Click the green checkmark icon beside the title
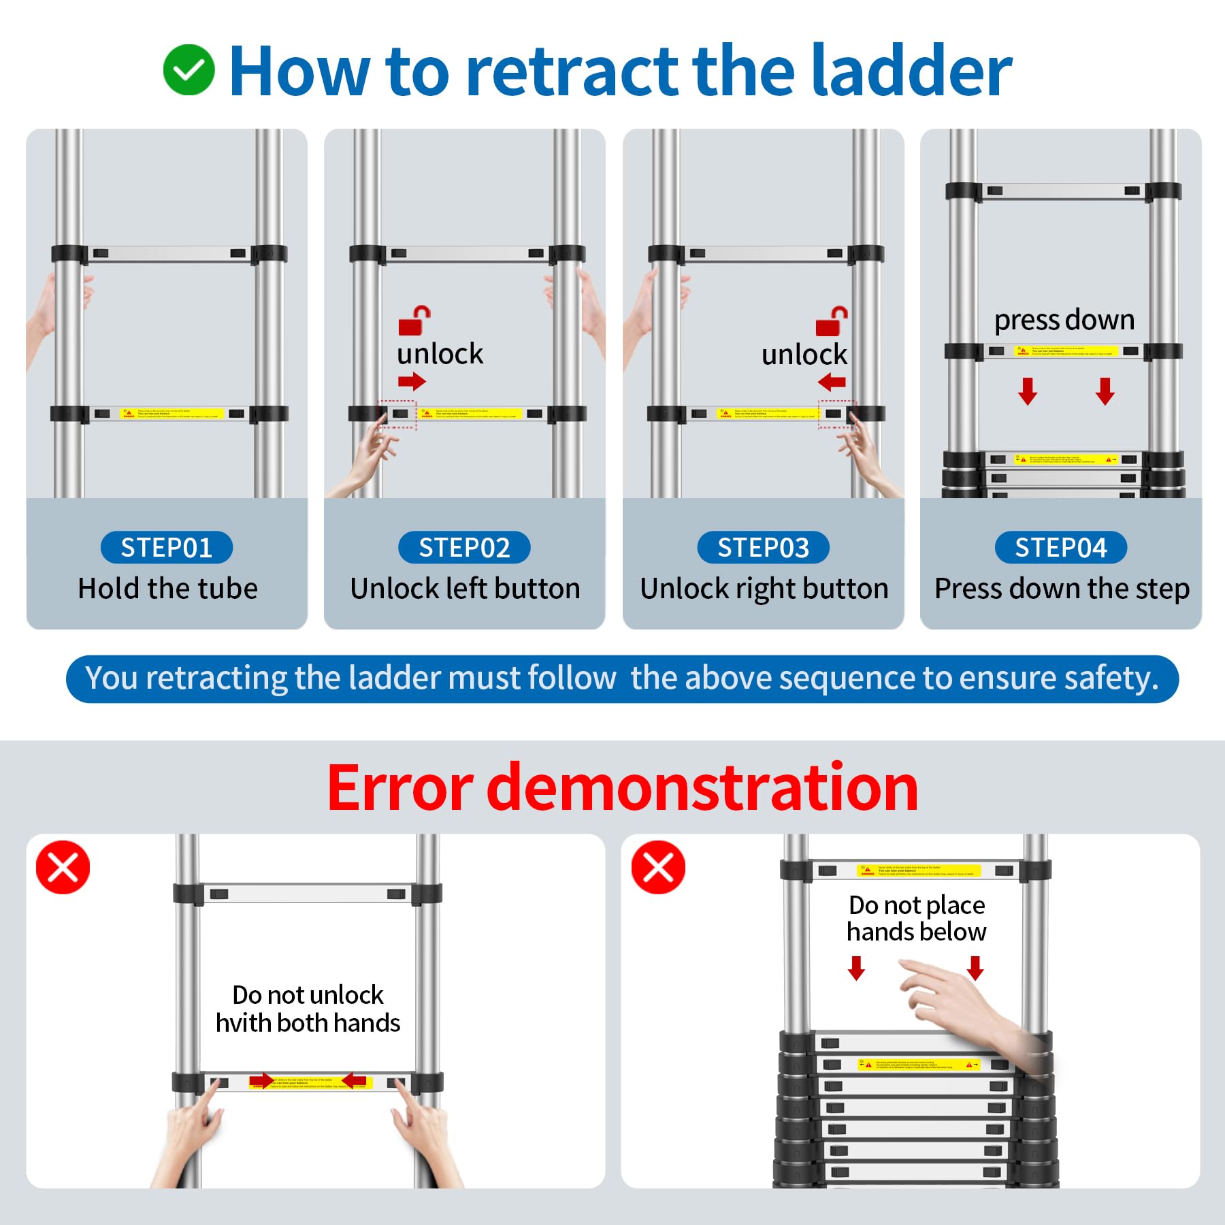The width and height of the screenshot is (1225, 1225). tap(189, 70)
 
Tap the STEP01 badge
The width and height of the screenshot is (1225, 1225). tap(167, 548)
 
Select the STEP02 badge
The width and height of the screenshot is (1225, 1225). tap(464, 548)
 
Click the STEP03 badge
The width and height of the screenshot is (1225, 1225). tap(763, 548)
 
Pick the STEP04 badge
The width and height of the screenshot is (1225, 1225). tap(1060, 548)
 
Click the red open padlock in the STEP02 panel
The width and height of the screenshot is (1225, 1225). tap(414, 320)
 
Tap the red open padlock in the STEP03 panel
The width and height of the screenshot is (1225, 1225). tap(831, 321)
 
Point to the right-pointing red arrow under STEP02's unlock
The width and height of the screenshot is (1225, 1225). tap(412, 381)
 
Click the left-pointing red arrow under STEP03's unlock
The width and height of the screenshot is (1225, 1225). tap(832, 382)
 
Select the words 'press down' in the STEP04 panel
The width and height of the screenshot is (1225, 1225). tap(1064, 320)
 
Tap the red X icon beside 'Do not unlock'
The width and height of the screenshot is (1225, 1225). tap(63, 867)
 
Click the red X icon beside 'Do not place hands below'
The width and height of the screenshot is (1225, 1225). tap(658, 867)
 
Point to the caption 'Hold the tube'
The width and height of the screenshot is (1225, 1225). tap(167, 589)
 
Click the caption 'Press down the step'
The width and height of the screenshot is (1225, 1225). tap(1062, 589)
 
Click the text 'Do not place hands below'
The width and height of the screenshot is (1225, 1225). tap(917, 918)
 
